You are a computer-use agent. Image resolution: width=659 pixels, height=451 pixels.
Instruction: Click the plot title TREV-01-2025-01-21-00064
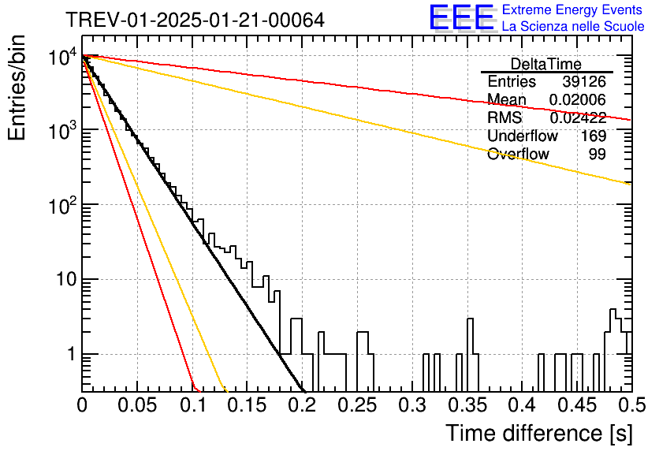coord(195,20)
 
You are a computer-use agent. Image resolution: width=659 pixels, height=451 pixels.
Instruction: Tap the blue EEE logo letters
coord(461,17)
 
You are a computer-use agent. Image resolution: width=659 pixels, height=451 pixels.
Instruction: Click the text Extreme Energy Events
coord(572,9)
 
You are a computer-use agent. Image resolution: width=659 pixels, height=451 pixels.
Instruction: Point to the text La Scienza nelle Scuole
coord(573,26)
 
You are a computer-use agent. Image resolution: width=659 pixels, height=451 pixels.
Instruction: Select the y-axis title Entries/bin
coord(17,88)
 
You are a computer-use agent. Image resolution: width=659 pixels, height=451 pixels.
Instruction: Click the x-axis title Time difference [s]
coord(539,433)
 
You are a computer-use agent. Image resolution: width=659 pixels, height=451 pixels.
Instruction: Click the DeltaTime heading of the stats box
coord(546,64)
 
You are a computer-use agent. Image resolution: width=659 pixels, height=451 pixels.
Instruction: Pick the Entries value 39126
coord(584,81)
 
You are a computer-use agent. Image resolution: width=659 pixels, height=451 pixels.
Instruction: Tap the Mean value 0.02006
coord(578,99)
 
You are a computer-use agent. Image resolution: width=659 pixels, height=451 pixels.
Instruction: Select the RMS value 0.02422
coord(578,117)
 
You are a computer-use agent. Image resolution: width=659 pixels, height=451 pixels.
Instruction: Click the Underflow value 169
coord(594,136)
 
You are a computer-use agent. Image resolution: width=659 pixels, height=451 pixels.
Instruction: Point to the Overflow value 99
coord(598,154)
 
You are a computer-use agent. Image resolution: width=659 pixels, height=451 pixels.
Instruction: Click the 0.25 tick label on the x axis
coord(358,405)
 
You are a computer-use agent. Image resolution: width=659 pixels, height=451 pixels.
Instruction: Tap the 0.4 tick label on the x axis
coord(523,405)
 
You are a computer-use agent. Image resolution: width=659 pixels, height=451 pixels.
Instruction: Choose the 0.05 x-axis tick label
coord(137,405)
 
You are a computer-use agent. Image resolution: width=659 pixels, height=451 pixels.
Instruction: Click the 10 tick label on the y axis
coord(67,279)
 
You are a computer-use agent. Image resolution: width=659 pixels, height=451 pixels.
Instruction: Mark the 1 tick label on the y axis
coord(71,354)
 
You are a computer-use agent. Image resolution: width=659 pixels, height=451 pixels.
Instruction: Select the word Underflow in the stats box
coord(523,136)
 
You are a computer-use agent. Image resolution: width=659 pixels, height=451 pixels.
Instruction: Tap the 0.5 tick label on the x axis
coord(631,405)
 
